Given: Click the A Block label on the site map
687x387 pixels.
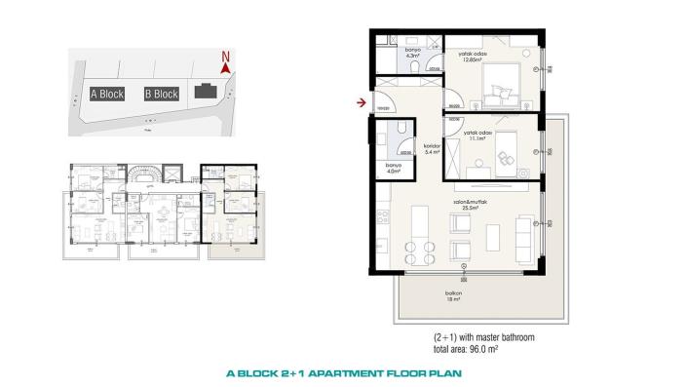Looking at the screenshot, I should click(x=106, y=95).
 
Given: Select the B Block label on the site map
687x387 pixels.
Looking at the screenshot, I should click(x=161, y=95).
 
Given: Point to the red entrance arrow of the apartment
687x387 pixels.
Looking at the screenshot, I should click(x=362, y=101).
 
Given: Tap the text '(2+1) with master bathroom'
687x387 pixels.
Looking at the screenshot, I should click(x=484, y=336).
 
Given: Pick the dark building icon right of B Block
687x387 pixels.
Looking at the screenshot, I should click(x=206, y=93).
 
